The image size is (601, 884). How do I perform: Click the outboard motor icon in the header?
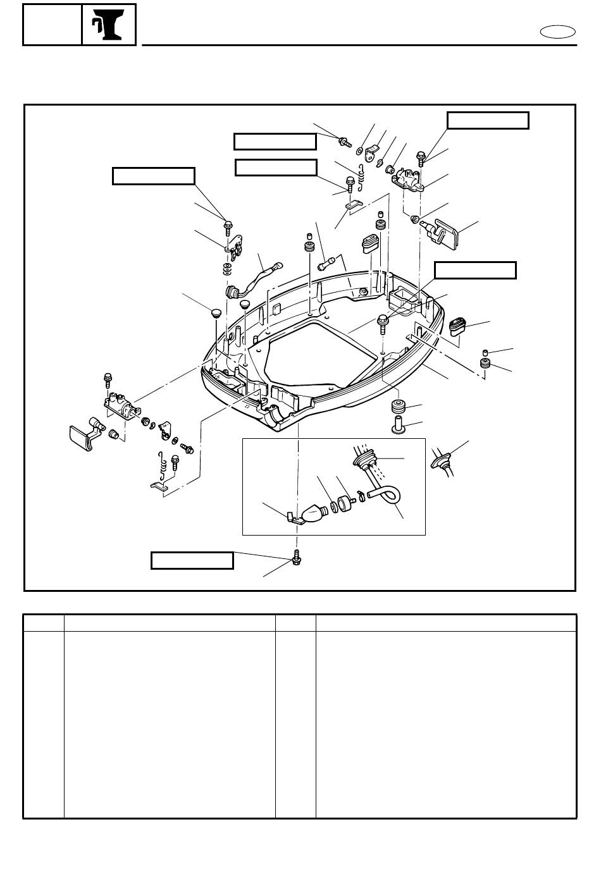click(109, 25)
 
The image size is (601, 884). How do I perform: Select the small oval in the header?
click(559, 32)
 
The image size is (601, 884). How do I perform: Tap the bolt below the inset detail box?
click(295, 556)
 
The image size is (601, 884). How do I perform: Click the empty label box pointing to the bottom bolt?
click(192, 560)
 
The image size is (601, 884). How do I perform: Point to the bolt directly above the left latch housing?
click(108, 381)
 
